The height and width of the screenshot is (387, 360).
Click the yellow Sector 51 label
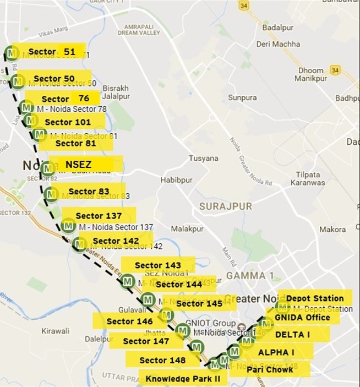point(52,52)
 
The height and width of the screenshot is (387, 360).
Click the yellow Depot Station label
point(314,298)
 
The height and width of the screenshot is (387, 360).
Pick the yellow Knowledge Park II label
point(182,379)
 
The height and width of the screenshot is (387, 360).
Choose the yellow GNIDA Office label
point(303,317)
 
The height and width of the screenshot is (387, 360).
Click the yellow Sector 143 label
point(157,265)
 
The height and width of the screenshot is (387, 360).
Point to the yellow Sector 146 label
point(130,321)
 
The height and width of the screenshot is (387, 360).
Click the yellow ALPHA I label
point(276,352)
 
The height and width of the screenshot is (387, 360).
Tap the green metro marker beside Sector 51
point(11,53)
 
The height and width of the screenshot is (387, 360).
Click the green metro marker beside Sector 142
point(79,243)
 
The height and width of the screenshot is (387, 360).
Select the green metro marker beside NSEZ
point(48,168)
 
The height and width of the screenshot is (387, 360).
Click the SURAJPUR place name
point(223,206)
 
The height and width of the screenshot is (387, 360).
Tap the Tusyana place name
point(204,158)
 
